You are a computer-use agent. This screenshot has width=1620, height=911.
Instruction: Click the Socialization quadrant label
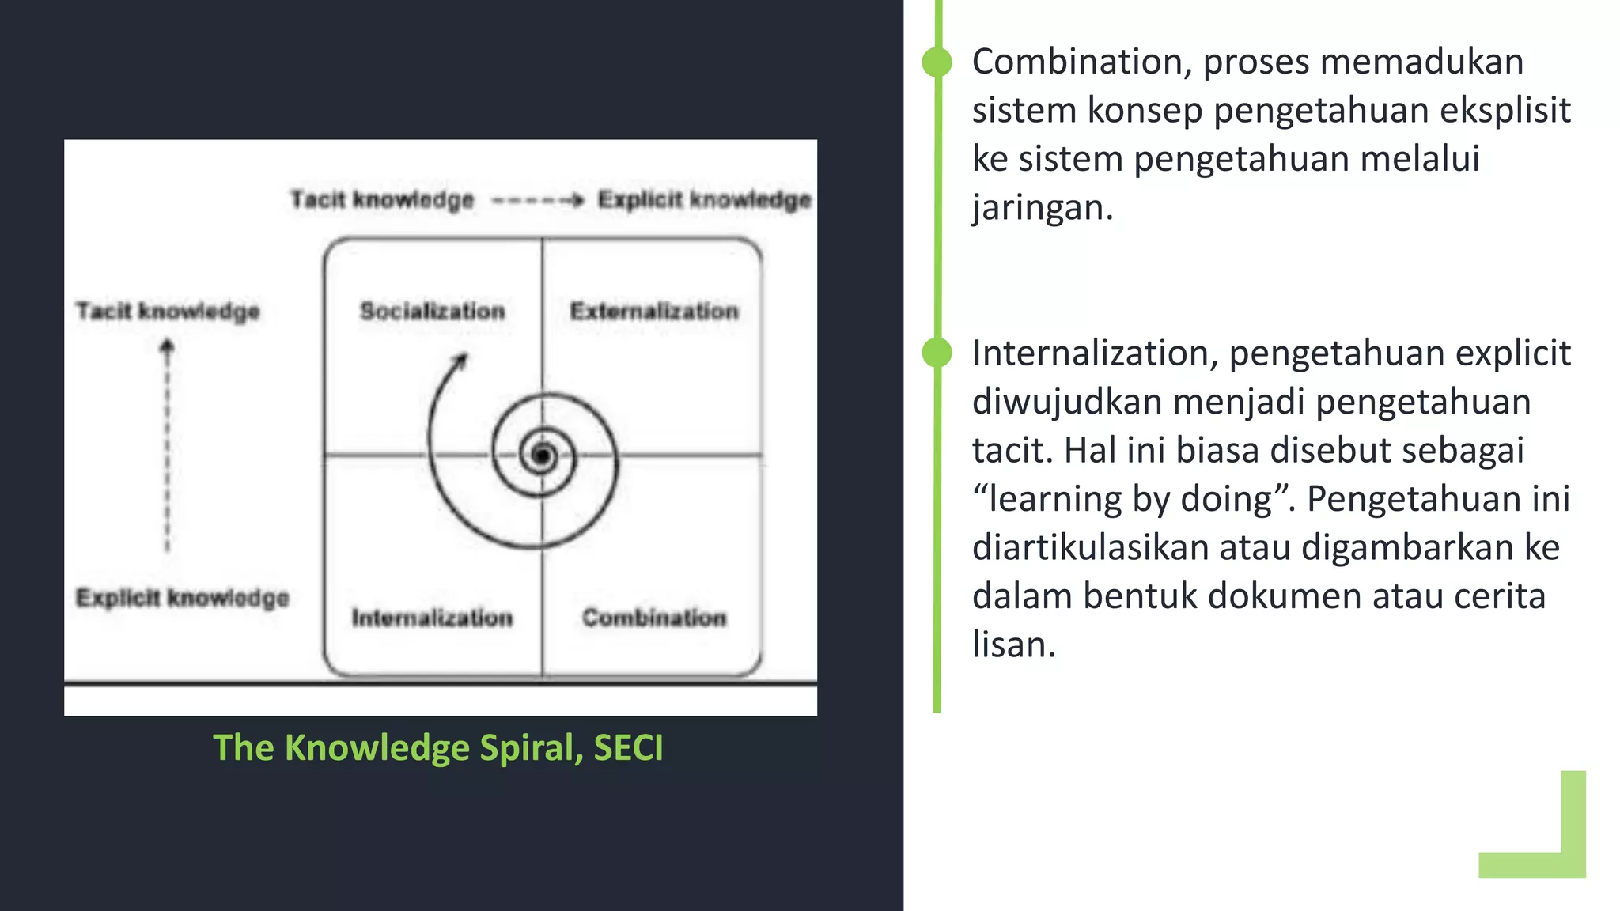click(432, 311)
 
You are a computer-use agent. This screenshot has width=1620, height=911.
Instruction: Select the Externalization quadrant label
click(653, 311)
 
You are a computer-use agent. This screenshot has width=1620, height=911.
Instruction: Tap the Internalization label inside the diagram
click(432, 617)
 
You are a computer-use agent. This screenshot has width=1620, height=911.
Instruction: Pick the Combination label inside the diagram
click(653, 617)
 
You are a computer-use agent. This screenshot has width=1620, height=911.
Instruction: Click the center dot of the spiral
click(542, 455)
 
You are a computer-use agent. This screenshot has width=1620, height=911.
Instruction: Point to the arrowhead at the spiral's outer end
click(460, 361)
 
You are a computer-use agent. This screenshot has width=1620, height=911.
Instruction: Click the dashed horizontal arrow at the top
click(536, 200)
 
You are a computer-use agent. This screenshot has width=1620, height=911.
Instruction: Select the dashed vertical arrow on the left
click(167, 447)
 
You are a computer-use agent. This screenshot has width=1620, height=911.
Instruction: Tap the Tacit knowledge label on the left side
click(168, 311)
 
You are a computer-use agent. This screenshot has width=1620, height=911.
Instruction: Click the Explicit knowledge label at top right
click(704, 199)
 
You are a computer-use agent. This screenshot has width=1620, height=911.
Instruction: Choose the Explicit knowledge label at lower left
click(182, 597)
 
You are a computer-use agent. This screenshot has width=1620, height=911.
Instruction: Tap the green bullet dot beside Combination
click(937, 62)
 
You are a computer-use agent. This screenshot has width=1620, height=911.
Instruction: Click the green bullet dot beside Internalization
click(937, 353)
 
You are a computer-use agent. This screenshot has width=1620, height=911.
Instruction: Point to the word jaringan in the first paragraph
click(1041, 208)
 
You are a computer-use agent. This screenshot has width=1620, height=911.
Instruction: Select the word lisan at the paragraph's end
click(1012, 645)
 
